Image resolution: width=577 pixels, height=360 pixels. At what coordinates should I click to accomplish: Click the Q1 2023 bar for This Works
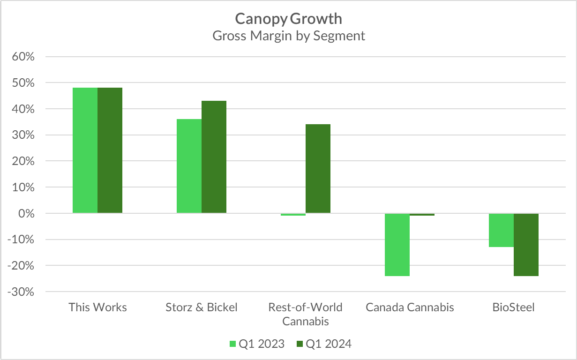pos(85,150)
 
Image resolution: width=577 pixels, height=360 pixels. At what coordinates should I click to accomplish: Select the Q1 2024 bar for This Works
pos(110,150)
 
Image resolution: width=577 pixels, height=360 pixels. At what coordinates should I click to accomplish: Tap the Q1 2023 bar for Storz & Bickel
pos(189,166)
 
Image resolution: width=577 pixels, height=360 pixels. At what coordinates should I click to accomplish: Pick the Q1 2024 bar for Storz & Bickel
pos(214,157)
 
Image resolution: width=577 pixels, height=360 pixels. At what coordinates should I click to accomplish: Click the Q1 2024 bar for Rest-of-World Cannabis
pos(318,169)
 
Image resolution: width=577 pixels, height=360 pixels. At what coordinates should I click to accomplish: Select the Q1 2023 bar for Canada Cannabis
pos(397,245)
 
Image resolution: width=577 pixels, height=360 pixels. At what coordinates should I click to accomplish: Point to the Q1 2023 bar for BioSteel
pos(501,230)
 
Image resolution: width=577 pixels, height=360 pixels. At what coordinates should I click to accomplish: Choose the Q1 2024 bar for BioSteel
pos(526,245)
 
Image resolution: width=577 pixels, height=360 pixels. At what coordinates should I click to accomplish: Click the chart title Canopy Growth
pos(288,19)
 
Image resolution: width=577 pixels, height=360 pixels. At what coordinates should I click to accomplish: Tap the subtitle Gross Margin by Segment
pos(288,36)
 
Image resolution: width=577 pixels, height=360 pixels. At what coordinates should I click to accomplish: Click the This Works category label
pos(97,307)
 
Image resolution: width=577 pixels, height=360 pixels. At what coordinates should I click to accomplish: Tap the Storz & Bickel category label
pos(202,307)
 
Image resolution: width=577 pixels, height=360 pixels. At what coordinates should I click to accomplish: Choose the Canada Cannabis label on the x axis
pos(410,307)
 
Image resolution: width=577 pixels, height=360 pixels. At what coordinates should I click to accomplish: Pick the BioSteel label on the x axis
pos(513,307)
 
